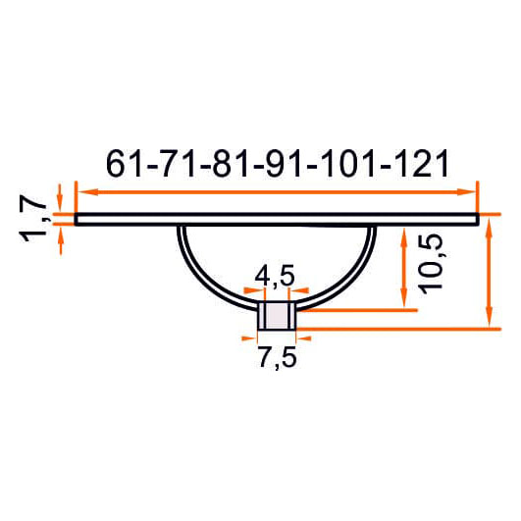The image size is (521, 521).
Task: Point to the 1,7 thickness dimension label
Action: tap(33, 219)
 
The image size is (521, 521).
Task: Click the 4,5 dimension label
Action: tap(275, 276)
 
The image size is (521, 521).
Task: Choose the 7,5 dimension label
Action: tap(277, 357)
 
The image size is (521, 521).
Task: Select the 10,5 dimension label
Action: tap(431, 264)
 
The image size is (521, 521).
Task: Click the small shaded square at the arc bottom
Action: tap(277, 316)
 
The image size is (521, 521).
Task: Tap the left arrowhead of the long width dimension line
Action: tap(88, 191)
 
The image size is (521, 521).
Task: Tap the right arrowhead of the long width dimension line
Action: tap(466, 191)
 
